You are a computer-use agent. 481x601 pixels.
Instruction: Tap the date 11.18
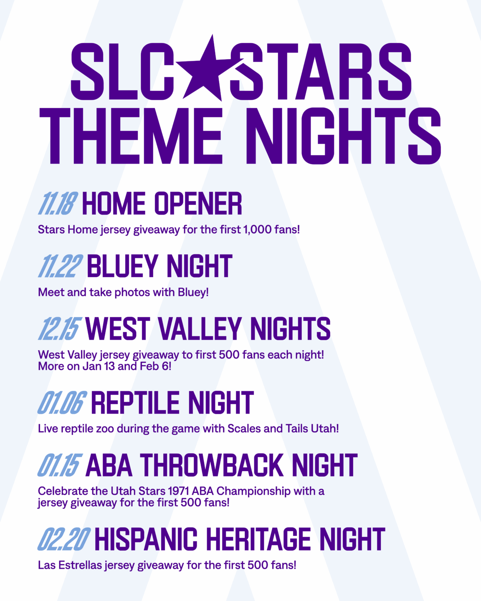click(x=58, y=203)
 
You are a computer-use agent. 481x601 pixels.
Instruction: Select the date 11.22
click(x=60, y=266)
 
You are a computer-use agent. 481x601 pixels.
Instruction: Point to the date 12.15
click(x=60, y=328)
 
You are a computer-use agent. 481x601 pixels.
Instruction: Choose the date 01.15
click(x=60, y=465)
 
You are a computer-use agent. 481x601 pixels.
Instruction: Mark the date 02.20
click(x=64, y=539)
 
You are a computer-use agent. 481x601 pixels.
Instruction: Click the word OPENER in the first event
click(x=198, y=203)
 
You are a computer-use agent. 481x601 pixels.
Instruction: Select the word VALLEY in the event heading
click(x=200, y=329)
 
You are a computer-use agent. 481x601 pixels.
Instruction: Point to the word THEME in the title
click(x=132, y=136)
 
